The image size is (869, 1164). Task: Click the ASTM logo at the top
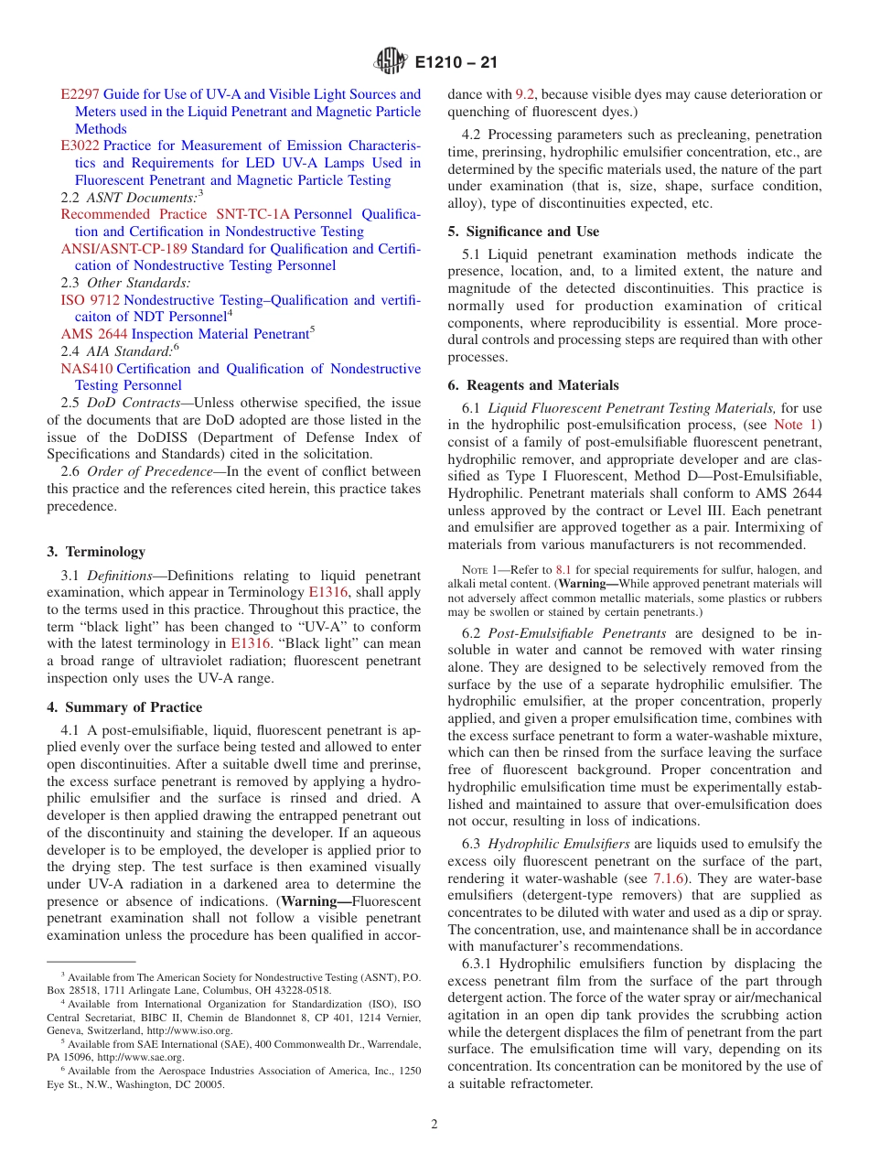coord(391,62)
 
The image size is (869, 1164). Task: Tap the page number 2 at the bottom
coord(434,1125)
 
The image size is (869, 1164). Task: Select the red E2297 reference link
coord(80,94)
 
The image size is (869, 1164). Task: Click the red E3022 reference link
coord(80,145)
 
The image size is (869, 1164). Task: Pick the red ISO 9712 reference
coord(90,300)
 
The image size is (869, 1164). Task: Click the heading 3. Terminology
coord(96,552)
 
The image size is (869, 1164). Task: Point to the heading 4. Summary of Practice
coord(124,707)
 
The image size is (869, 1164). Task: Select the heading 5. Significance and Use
coord(523,232)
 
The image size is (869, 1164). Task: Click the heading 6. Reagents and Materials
coord(533,385)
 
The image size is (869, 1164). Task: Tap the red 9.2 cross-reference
coord(525,94)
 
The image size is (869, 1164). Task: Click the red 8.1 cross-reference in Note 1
coord(563,569)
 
